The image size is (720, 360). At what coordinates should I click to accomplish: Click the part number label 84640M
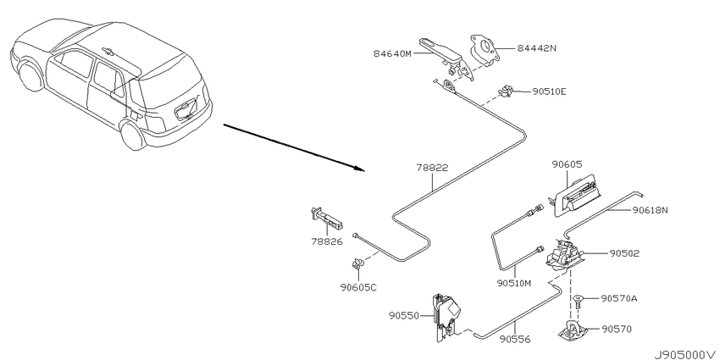393,53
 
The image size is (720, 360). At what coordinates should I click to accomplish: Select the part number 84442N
537,48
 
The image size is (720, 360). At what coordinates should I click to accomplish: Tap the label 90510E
549,91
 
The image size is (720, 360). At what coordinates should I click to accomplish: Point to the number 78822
432,168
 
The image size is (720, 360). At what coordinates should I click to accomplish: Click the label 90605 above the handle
567,164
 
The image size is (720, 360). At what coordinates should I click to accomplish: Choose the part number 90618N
650,210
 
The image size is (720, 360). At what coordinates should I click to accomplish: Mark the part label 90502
624,253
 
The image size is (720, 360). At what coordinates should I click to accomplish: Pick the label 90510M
514,283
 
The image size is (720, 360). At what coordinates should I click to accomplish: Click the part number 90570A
619,298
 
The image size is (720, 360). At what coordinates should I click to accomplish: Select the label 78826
327,241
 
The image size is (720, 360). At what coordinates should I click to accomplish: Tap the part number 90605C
358,287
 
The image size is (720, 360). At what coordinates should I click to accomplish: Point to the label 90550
403,316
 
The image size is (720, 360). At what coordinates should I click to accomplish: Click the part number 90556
515,340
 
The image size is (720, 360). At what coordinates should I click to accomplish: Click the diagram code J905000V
685,355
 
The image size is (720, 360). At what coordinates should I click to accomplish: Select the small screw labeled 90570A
579,301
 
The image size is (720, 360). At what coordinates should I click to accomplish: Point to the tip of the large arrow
365,171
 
